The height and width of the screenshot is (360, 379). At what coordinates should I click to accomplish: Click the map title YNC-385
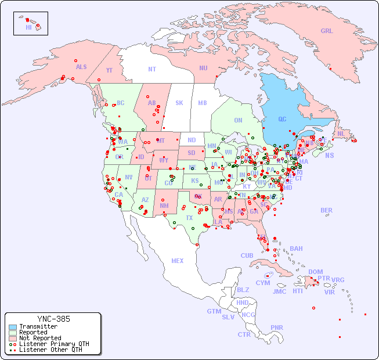pos(53,319)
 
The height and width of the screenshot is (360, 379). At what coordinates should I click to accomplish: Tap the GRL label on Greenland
pos(327,31)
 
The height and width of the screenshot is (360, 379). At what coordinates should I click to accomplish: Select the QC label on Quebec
pos(282,119)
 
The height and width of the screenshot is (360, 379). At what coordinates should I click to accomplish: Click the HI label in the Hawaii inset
pos(28,27)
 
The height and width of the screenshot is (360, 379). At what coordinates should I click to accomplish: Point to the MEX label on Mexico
pos(178,261)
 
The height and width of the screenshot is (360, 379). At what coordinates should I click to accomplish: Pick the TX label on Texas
pos(189,218)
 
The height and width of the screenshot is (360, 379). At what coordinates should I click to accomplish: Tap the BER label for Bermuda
pos(327,210)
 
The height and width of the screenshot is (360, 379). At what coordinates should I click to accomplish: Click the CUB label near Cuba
pos(247,255)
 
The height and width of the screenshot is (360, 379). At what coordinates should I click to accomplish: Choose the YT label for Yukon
pos(109,70)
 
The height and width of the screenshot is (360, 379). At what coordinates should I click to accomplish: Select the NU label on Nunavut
pos(203,68)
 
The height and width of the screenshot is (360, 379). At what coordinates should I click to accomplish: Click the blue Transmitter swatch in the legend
pos(12,327)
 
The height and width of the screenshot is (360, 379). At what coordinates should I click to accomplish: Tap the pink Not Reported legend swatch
pos(12,338)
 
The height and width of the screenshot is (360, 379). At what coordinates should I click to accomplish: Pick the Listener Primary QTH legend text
pos(54,344)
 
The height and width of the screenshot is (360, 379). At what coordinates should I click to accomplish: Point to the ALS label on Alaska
pos(81,67)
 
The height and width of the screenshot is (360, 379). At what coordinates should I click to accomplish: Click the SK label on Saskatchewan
pos(179,103)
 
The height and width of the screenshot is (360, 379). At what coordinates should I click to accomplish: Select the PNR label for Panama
pos(277,327)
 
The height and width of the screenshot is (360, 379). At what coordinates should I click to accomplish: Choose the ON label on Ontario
pos(238,120)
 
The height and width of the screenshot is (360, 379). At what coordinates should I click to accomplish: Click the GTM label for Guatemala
pos(214,311)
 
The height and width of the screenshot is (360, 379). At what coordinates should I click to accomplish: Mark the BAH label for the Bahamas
pos(296,249)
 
